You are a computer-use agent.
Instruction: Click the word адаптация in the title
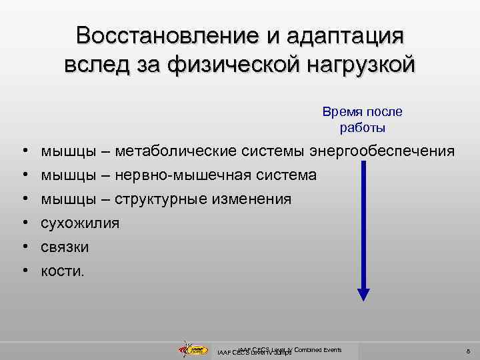click(347, 35)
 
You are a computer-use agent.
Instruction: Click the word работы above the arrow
click(363, 127)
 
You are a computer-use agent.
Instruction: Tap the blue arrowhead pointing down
click(363, 293)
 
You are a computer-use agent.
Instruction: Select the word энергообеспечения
click(383, 151)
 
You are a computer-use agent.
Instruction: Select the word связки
click(65, 247)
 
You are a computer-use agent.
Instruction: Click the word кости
click(63, 271)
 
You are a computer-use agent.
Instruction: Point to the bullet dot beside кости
click(24, 271)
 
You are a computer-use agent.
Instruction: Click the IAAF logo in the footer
click(193, 349)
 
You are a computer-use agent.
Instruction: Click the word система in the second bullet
click(284, 175)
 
